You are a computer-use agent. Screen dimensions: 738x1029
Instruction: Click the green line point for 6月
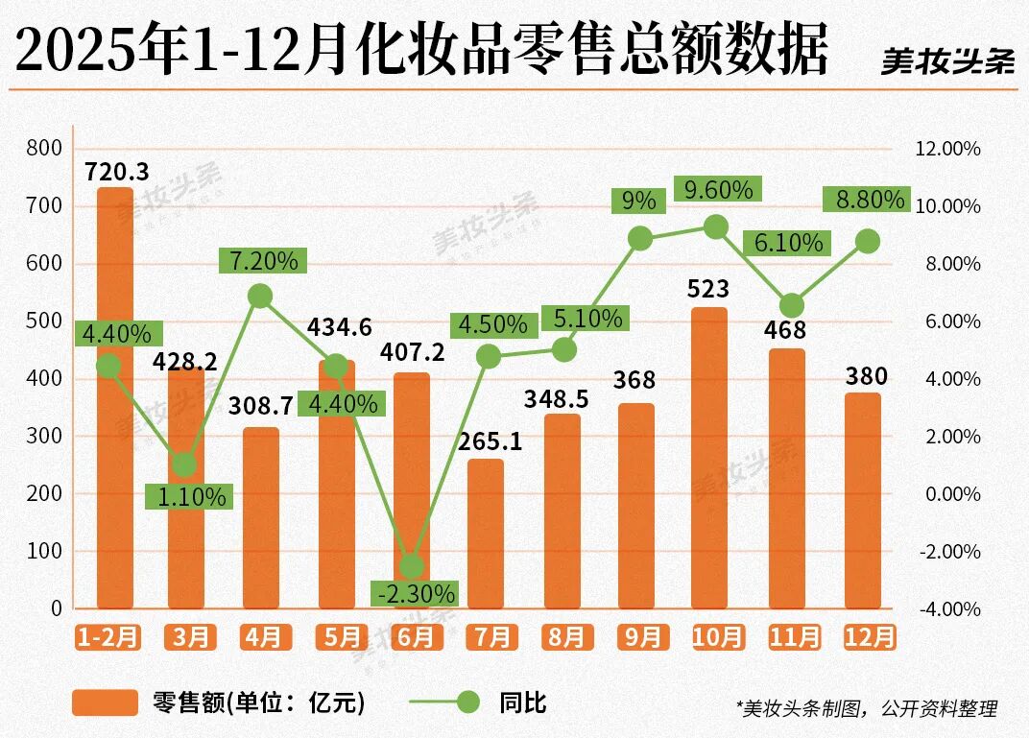(412, 565)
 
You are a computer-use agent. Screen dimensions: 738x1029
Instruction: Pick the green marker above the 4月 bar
(260, 296)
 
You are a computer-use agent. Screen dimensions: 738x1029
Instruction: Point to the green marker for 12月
(867, 242)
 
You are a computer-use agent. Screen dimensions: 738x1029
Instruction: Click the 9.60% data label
(718, 189)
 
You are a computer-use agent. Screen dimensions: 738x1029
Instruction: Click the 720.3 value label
(116, 173)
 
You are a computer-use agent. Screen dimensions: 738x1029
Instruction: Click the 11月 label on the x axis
(794, 637)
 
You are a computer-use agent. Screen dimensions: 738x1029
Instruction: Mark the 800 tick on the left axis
(45, 149)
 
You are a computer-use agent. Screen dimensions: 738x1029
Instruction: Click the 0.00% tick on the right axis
(949, 494)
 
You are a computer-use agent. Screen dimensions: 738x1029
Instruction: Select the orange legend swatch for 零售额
(105, 702)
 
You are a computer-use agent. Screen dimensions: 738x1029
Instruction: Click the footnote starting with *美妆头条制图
(867, 708)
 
